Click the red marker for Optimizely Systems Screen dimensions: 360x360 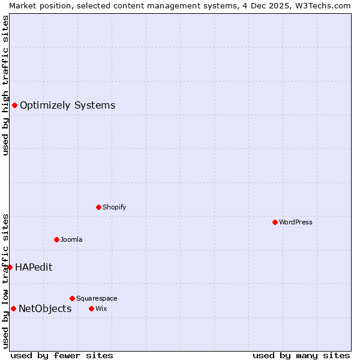[14, 106]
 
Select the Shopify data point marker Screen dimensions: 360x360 [99, 207]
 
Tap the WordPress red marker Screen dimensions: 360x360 [275, 222]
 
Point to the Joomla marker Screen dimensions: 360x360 [56, 239]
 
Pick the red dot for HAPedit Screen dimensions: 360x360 [10, 267]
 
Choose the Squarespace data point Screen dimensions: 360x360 [72, 298]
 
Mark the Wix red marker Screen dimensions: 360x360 [91, 308]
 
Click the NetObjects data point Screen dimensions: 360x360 [13, 308]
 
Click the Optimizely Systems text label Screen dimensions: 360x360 [67, 106]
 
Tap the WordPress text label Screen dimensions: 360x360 [296, 222]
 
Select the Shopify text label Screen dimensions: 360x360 [114, 207]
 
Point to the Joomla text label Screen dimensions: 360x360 [71, 239]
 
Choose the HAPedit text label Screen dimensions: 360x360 [34, 267]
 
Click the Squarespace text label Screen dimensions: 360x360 [97, 298]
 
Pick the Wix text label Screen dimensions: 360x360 [101, 308]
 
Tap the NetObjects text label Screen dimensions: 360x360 [45, 308]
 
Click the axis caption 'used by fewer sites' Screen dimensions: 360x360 [62, 355]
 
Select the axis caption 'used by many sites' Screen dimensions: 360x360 [301, 355]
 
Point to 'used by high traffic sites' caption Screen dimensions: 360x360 [5, 85]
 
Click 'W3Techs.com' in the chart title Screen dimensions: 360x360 [326, 5]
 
